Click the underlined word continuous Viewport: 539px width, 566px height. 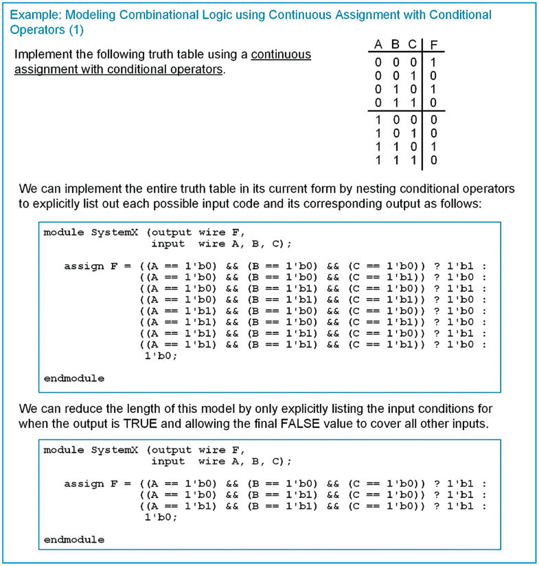pos(281,54)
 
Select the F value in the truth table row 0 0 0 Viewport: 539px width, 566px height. pos(433,61)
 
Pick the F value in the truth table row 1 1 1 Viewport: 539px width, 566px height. pos(433,160)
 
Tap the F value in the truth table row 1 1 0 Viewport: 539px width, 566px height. pos(433,146)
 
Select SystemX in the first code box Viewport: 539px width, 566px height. pos(116,232)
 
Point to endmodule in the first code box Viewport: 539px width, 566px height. pos(74,378)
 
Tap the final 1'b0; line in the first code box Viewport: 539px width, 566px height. pos(159,356)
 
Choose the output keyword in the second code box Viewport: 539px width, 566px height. pos(170,450)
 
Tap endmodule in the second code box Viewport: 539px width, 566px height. pos(74,539)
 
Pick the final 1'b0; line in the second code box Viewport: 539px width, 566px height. pos(159,517)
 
